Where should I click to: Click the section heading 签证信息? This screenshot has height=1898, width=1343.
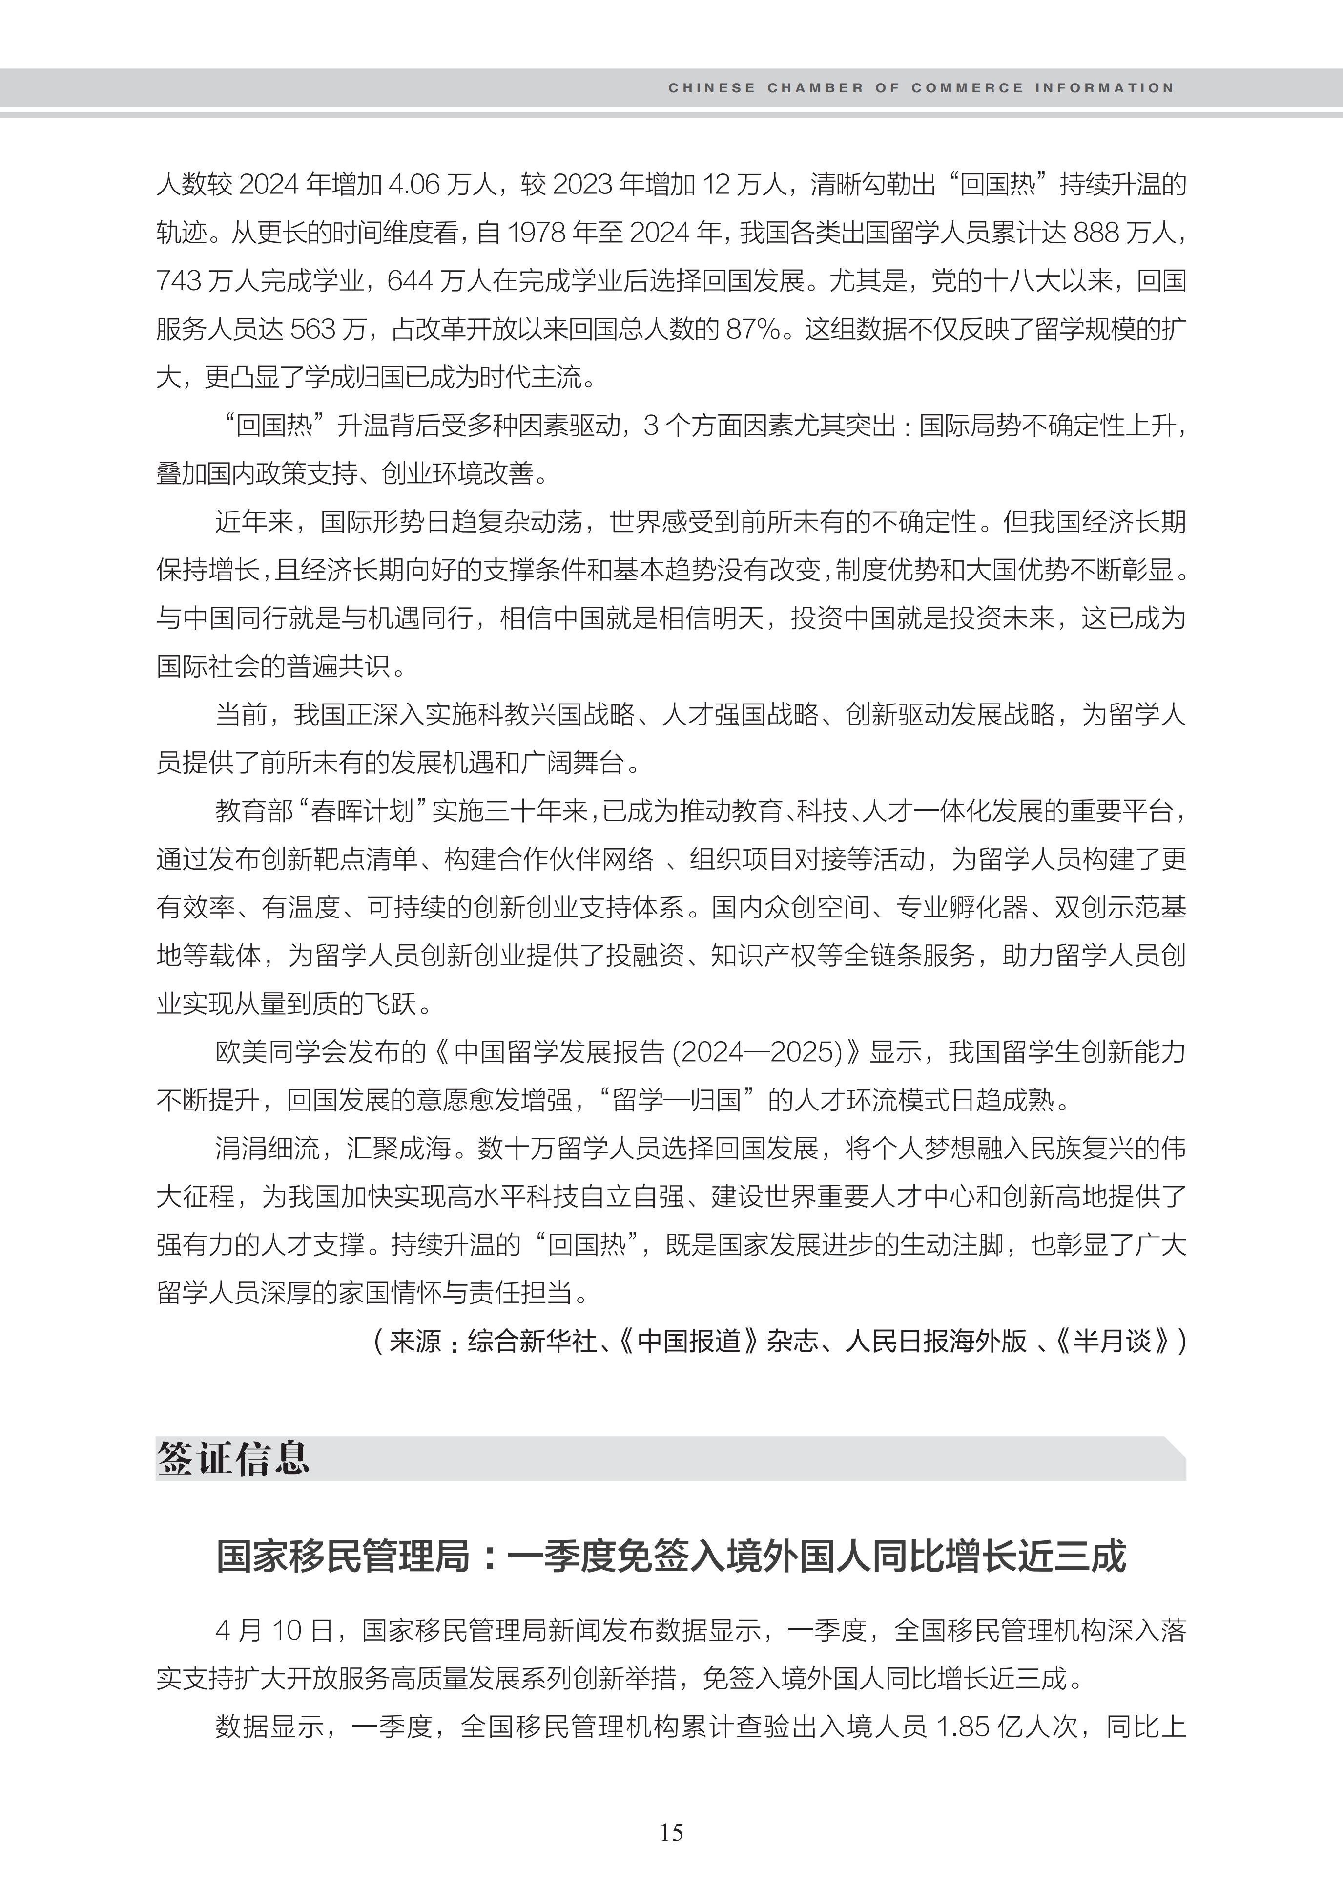pyautogui.click(x=233, y=1459)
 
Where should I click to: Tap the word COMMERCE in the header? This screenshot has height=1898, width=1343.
pyautogui.click(x=968, y=88)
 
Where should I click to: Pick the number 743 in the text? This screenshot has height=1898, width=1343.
pyautogui.click(x=180, y=281)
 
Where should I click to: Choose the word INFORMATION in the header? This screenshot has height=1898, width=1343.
pyautogui.click(x=1104, y=88)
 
